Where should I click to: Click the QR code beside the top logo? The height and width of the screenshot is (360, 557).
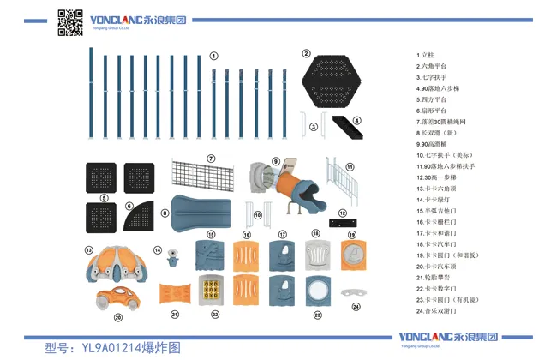pyautogui.click(x=69, y=22)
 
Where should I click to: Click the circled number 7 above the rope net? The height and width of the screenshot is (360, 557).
pyautogui.click(x=210, y=158)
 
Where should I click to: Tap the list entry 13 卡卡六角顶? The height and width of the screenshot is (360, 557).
pyautogui.click(x=439, y=188)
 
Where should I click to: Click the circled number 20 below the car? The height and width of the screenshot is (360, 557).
pyautogui.click(x=118, y=317)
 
